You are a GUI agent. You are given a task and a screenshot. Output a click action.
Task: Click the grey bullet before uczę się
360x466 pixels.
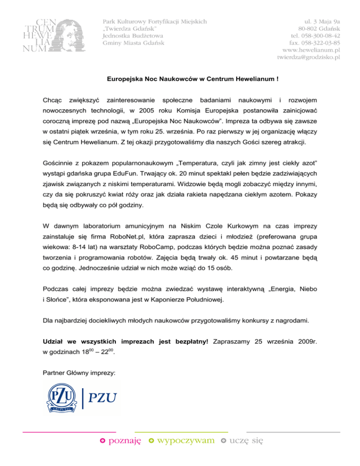coord(224,441)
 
